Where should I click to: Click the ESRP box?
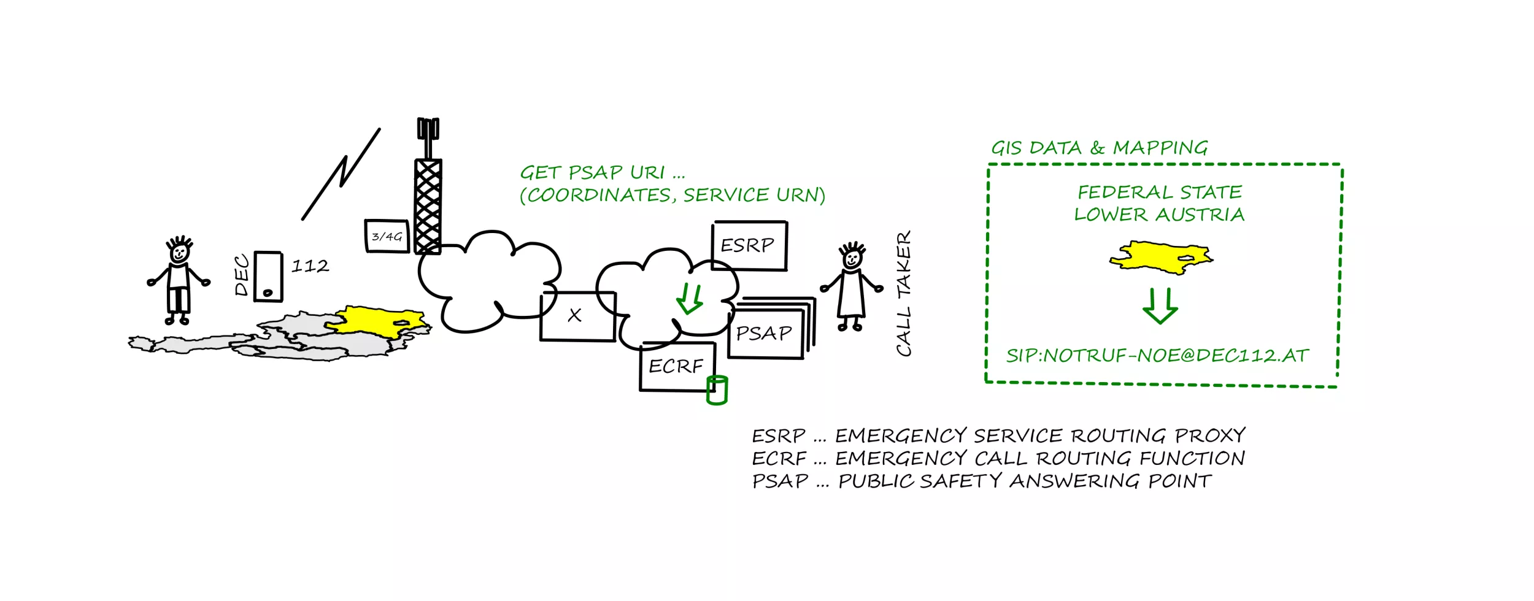(749, 245)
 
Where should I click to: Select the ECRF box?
(676, 366)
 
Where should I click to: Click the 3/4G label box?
(387, 236)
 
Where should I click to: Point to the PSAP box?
(765, 334)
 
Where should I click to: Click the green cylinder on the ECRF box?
(717, 390)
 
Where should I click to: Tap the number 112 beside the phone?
(310, 266)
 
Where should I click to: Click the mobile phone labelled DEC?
(268, 277)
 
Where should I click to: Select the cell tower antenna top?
(428, 129)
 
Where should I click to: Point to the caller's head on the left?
(179, 251)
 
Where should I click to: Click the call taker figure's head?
(852, 258)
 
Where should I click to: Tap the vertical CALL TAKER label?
(903, 293)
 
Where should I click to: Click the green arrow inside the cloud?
(690, 298)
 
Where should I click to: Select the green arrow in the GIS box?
(1160, 305)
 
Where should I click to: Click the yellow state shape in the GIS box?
(1160, 256)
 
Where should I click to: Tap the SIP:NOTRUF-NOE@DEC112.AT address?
(1157, 356)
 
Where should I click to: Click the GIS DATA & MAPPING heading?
(1099, 148)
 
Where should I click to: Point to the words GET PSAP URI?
(592, 172)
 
